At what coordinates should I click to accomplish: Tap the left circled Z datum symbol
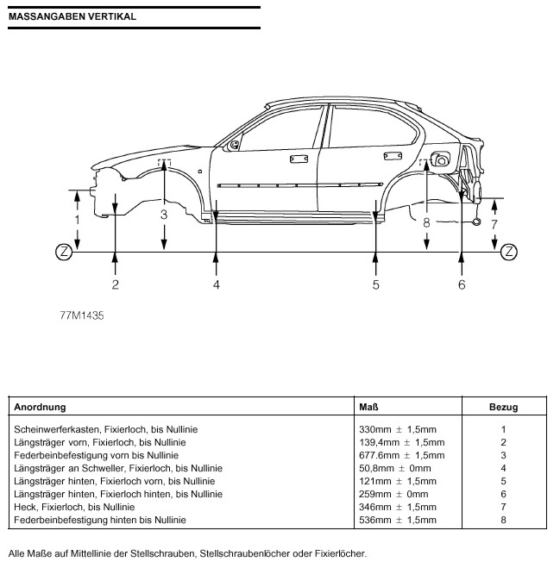[63, 252]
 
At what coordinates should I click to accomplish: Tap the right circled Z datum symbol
[509, 252]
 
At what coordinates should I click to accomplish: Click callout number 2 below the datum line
[115, 284]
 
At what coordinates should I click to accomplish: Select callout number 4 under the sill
[217, 284]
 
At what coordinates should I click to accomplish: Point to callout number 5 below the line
[376, 284]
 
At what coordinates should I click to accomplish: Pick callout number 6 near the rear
[462, 284]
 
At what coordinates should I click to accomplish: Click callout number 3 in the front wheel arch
[163, 215]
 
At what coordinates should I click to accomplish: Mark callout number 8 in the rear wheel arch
[426, 222]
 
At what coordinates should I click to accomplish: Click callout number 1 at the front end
[78, 221]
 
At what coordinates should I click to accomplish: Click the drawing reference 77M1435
[82, 315]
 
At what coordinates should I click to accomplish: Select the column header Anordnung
[40, 407]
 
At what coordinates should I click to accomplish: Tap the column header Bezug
[502, 407]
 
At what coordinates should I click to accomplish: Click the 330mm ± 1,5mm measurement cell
[397, 429]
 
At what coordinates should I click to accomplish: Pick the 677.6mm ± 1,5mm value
[401, 455]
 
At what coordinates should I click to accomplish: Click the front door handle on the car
[299, 159]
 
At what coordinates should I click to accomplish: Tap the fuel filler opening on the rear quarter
[441, 159]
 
